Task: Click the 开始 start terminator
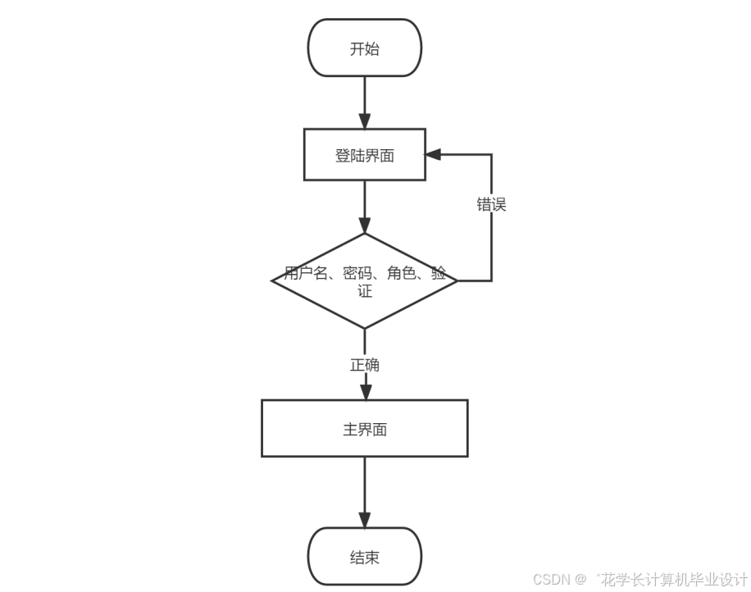[x=365, y=48]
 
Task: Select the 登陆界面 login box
[x=365, y=155]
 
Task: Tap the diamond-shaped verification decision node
[x=365, y=281]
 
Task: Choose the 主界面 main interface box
[x=365, y=429]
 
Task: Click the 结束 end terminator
[x=365, y=558]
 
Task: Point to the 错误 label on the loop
[x=492, y=205]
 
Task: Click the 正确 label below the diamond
[x=365, y=365]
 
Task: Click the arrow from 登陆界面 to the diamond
[x=365, y=205]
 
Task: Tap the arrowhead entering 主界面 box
[x=365, y=391]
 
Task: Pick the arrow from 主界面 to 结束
[x=365, y=490]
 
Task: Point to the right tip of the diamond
[x=456, y=281]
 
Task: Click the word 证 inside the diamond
[x=365, y=291]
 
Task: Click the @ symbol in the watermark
[x=580, y=580]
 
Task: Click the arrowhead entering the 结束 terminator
[x=365, y=520]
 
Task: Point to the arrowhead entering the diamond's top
[x=365, y=225]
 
